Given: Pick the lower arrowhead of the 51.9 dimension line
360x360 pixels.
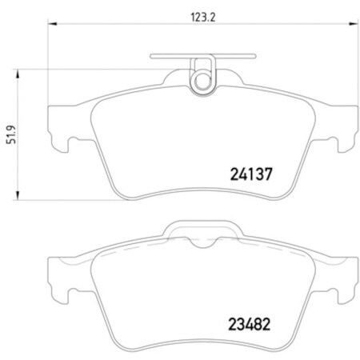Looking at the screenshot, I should (x=21, y=197).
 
